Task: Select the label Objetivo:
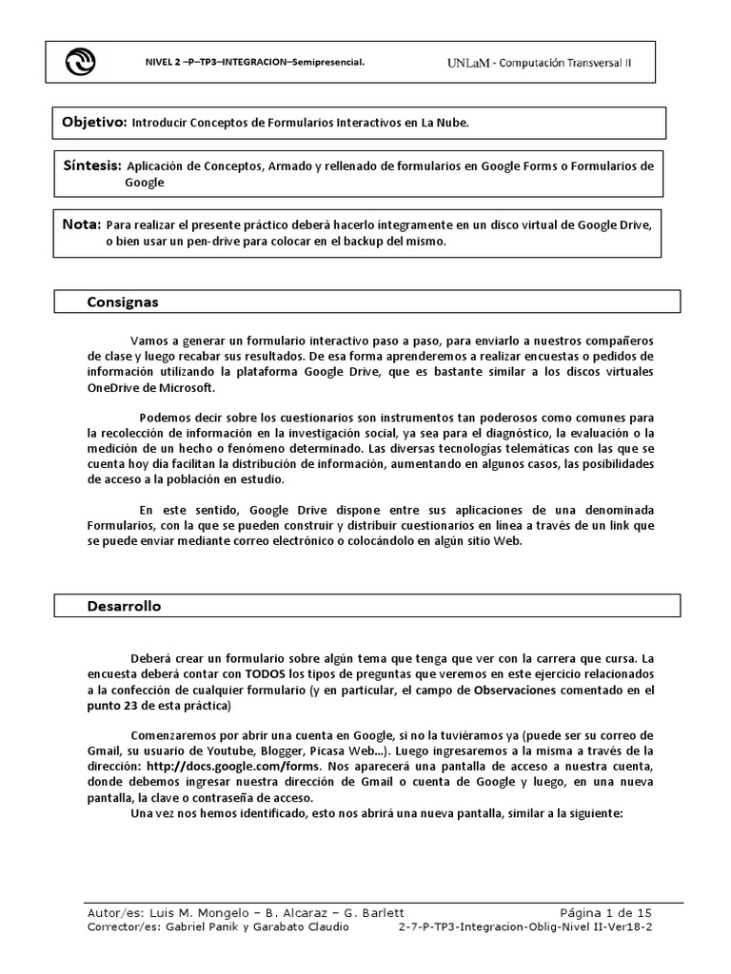tap(94, 123)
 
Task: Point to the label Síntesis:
tap(92, 166)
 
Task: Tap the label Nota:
tap(81, 224)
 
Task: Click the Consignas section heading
tap(123, 302)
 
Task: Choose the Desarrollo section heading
tap(124, 606)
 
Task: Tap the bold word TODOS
tap(267, 672)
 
